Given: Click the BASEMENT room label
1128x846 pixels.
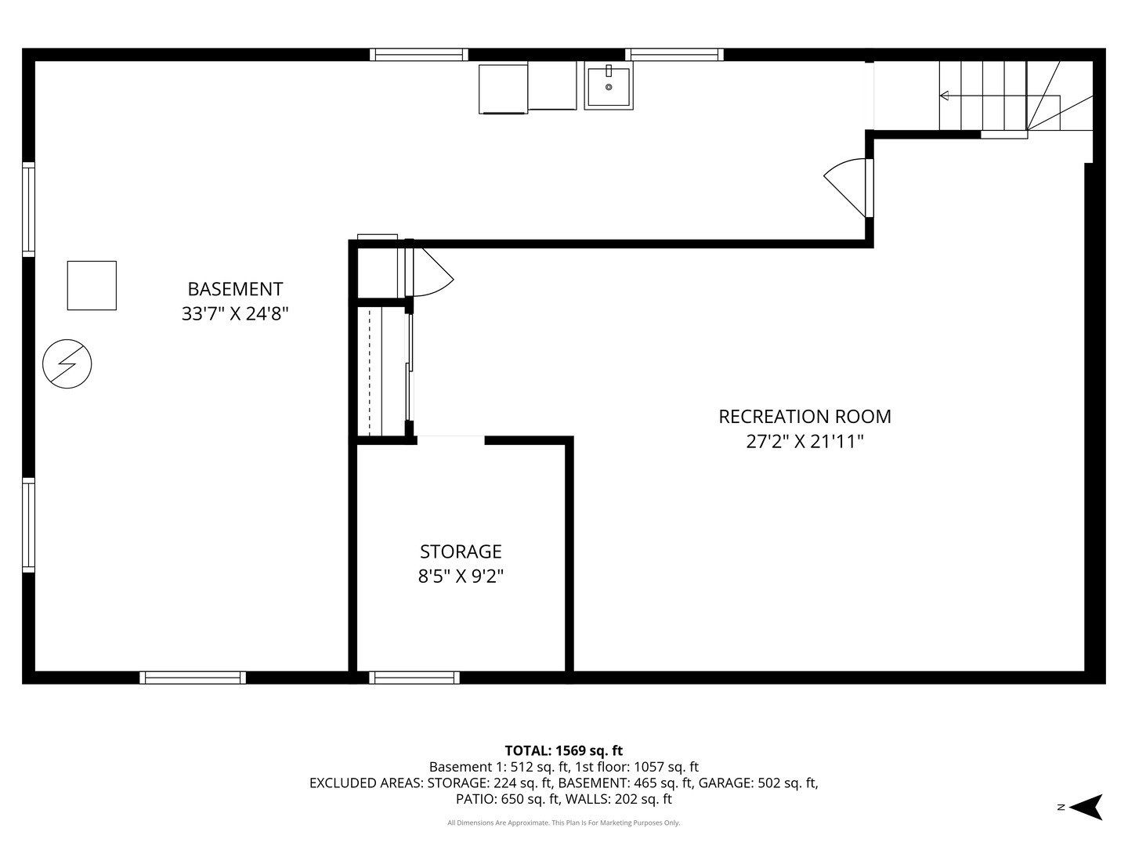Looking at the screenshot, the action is (235, 289).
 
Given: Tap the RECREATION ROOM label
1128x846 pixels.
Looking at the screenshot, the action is (804, 417).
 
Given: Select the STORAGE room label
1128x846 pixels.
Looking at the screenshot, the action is (461, 551).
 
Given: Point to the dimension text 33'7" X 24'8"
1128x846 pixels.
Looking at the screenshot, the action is (235, 313).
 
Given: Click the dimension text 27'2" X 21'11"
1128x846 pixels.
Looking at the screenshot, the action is (804, 441).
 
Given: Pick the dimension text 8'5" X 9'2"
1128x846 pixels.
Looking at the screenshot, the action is (461, 577).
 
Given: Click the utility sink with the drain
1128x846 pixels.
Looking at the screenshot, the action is (609, 85).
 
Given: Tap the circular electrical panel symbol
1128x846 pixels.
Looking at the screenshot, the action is (67, 363).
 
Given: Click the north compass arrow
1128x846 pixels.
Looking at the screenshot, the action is (1088, 807).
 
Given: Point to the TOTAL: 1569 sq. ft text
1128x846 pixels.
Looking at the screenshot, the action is (564, 750).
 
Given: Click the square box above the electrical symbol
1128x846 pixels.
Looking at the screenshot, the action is (92, 286).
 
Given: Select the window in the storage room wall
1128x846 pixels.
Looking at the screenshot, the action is (414, 678).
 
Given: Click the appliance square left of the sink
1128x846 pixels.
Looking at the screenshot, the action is (503, 89).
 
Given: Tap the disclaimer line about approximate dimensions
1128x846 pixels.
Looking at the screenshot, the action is (564, 822).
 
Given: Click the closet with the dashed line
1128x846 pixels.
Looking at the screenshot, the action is (382, 371).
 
